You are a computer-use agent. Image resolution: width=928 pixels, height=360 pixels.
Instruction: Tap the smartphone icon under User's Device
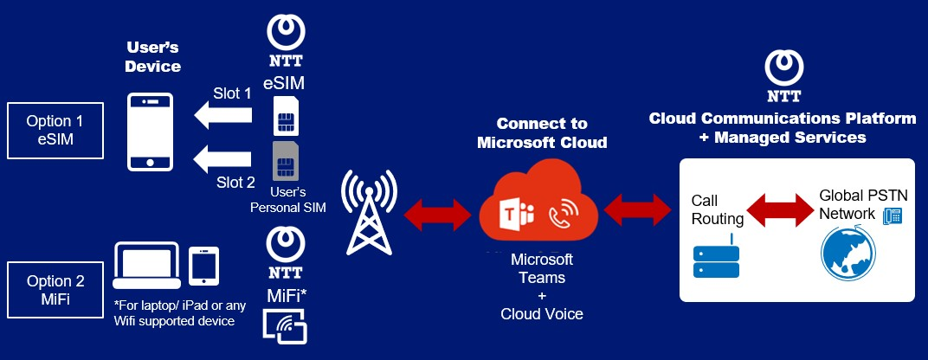tap(151, 132)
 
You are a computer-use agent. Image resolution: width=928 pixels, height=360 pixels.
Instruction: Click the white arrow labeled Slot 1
tap(223, 113)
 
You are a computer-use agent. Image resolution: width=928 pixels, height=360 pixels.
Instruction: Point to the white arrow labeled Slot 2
tap(223, 158)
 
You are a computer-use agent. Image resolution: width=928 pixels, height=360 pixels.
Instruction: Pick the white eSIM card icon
tap(283, 117)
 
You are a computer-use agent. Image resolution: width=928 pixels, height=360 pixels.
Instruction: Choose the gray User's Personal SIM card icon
tap(283, 161)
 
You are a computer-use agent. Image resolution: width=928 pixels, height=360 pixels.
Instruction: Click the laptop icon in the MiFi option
tap(147, 264)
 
